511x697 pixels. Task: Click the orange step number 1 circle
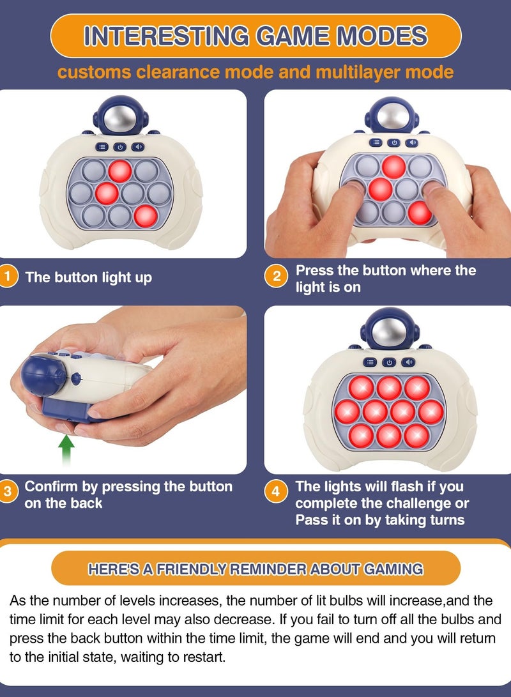click(x=8, y=277)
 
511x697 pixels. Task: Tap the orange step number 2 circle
click(x=276, y=277)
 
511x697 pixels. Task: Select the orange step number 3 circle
click(x=8, y=492)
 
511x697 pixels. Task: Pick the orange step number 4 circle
click(x=276, y=492)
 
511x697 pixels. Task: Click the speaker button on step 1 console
click(x=138, y=146)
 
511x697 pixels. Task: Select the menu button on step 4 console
click(x=370, y=362)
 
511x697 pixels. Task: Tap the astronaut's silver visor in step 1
click(x=119, y=118)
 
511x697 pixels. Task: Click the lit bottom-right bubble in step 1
click(x=146, y=217)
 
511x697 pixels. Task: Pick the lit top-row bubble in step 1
click(x=120, y=171)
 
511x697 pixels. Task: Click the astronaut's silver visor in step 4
click(x=389, y=331)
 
